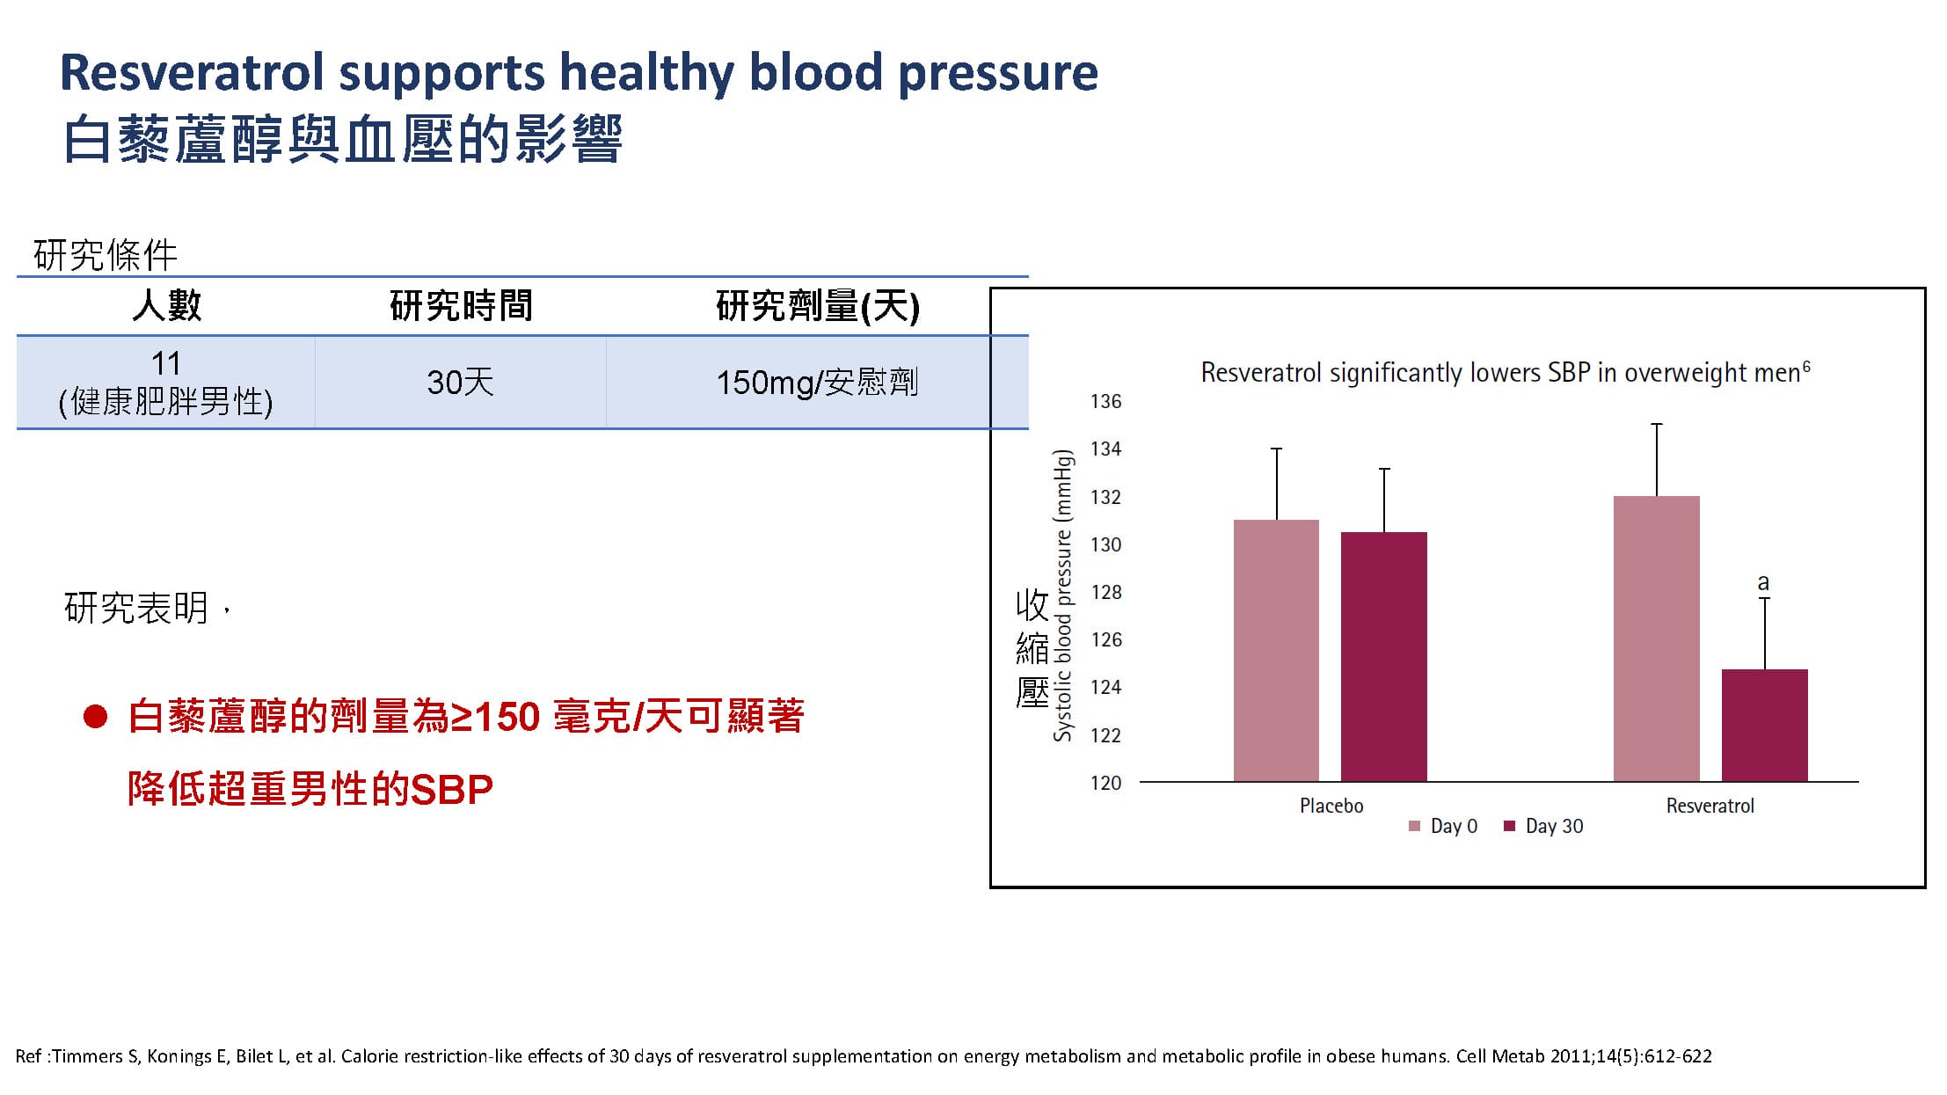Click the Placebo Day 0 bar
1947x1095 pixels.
[x=1276, y=650]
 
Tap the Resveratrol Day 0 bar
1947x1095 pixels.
[x=1656, y=639]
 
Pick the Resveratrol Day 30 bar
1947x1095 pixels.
[x=1764, y=725]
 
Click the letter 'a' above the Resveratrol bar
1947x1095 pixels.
[x=1762, y=582]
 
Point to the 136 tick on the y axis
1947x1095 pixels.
[x=1105, y=401]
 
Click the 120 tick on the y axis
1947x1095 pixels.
[x=1105, y=783]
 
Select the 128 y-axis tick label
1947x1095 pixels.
[x=1105, y=592]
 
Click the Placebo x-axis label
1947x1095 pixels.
[x=1331, y=806]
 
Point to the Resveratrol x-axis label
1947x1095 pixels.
[x=1710, y=806]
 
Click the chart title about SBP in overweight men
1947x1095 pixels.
[x=1505, y=373]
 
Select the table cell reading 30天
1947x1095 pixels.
[x=460, y=383]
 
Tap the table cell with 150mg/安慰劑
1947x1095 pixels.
[x=817, y=383]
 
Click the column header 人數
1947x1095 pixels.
[x=166, y=306]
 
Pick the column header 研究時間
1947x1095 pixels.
[x=461, y=306]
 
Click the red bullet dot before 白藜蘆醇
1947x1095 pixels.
[x=95, y=717]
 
